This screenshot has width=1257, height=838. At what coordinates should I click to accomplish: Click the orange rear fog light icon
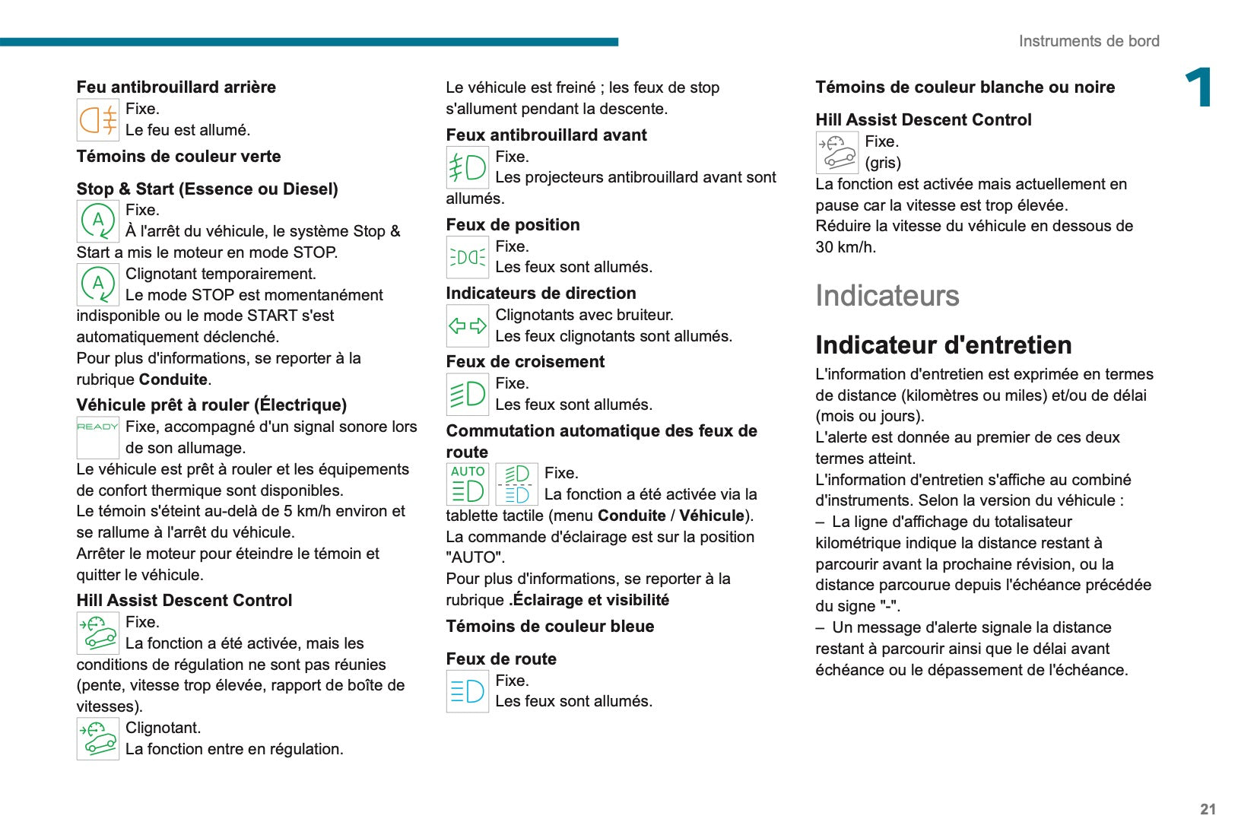point(98,120)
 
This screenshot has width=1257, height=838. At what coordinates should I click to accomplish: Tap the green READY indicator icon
point(97,427)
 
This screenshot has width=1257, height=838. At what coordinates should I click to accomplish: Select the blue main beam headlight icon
point(467,691)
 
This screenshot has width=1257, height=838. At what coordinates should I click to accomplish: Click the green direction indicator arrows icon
point(467,326)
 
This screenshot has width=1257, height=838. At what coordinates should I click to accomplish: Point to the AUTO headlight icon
point(467,484)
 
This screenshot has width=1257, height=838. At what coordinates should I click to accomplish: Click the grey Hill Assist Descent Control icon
point(836,152)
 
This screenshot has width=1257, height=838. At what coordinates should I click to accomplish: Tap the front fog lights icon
point(467,167)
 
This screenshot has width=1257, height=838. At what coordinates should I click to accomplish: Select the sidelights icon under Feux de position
point(467,257)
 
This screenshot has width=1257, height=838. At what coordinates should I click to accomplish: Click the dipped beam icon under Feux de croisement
point(467,394)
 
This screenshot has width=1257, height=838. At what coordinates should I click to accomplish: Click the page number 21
point(1208,809)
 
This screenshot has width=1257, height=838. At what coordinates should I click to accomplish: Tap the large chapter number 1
point(1198,88)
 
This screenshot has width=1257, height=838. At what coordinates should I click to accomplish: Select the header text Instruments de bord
point(1088,41)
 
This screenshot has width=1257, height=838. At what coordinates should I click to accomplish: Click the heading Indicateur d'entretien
point(943,345)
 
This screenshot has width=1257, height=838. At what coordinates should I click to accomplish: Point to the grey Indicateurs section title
point(887,296)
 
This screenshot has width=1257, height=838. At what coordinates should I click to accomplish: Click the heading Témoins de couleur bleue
point(550,627)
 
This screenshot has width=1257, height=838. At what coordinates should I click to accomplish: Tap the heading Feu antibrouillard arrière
point(176,87)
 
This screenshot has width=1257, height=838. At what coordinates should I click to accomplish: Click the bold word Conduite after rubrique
point(173,379)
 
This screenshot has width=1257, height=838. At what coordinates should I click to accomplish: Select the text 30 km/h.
point(845,247)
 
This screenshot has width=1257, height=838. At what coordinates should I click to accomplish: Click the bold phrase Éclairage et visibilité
point(591,600)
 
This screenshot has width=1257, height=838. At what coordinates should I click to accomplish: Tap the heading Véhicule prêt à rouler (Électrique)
point(211,405)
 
